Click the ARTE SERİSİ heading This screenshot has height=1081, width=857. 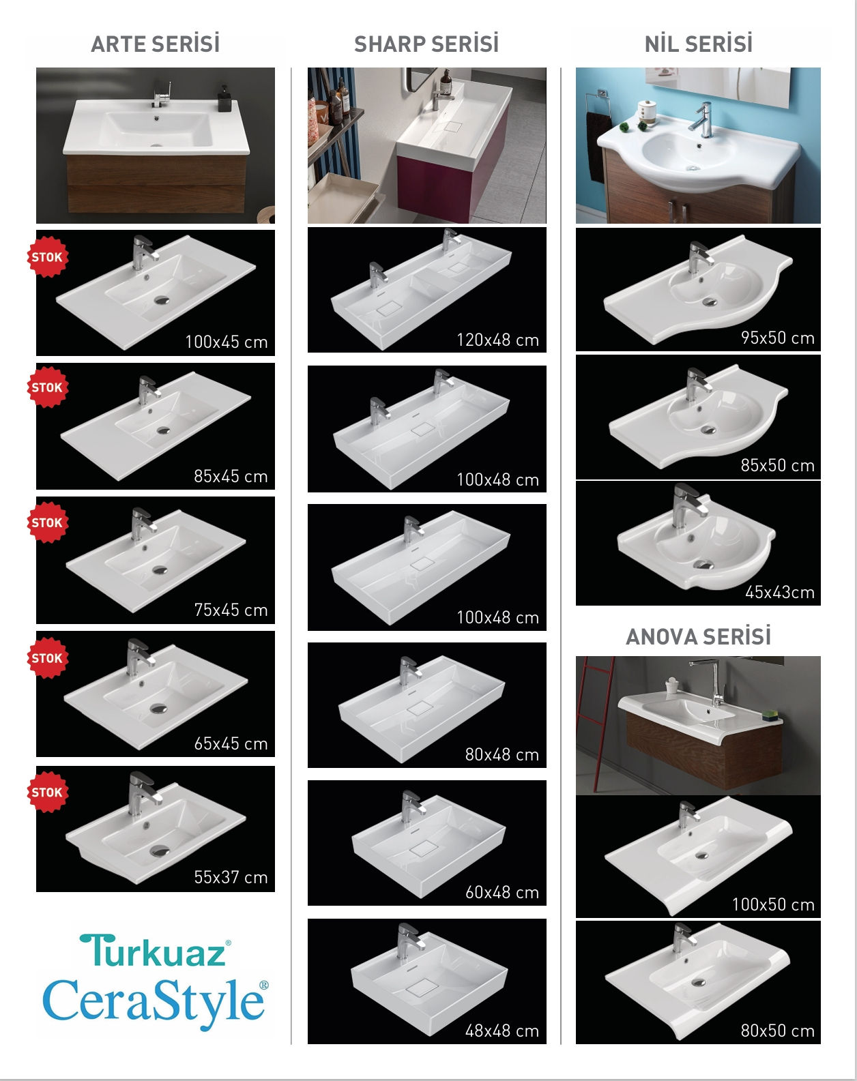point(156,44)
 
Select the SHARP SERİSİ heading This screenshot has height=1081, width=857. point(426,44)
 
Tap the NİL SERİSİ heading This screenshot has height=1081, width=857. point(699,44)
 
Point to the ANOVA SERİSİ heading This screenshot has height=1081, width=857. point(698,636)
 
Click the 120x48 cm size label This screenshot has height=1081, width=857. point(497,340)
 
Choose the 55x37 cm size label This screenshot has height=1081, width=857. point(231,877)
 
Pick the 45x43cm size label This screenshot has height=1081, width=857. point(780,592)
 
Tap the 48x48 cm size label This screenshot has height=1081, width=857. point(502,1031)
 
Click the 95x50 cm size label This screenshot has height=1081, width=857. point(778,338)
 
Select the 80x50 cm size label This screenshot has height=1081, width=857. point(778,1031)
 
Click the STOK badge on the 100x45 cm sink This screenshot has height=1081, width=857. point(47,257)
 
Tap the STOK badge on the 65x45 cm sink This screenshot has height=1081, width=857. point(47,658)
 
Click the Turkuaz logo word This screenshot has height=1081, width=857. point(155,951)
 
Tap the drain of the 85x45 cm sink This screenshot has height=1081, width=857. point(163,430)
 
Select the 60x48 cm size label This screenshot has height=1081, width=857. point(502,892)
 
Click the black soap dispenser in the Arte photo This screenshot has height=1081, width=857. point(224,98)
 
